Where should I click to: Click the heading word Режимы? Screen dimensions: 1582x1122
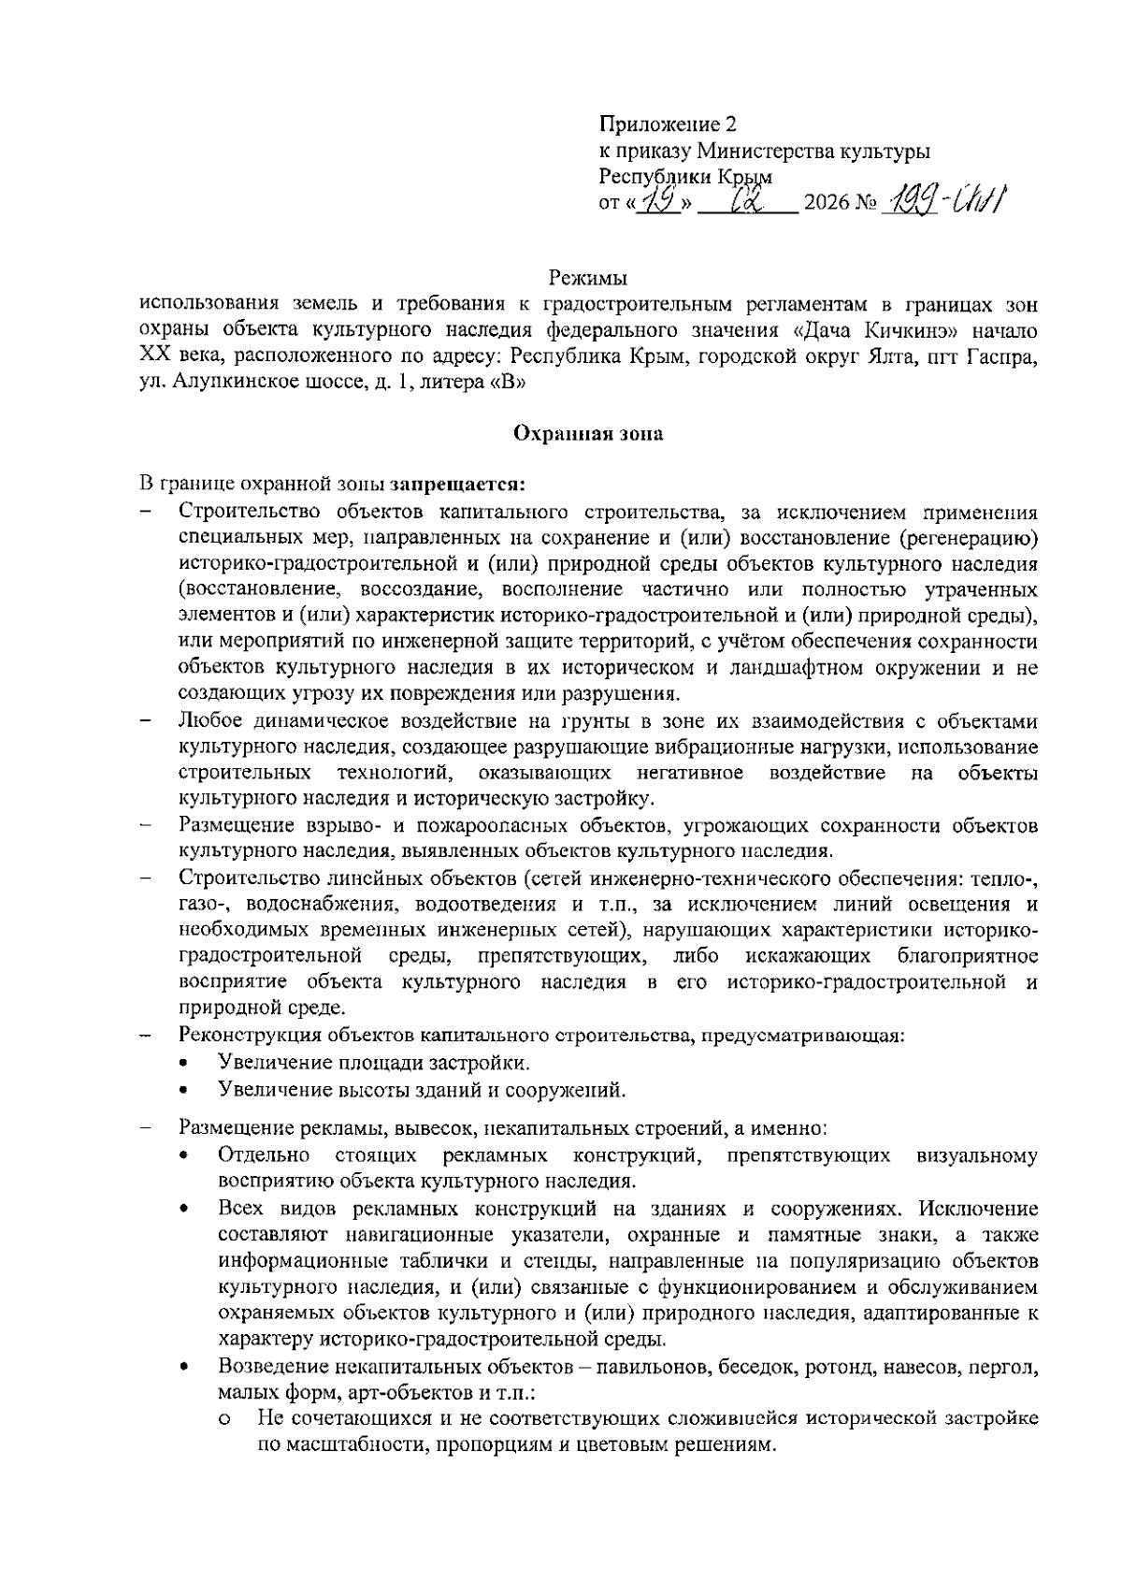tap(587, 278)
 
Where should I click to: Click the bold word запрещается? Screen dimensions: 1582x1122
tap(459, 485)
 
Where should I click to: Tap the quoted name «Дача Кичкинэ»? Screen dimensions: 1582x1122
tap(873, 330)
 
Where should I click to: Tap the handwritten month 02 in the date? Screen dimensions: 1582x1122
tap(750, 200)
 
